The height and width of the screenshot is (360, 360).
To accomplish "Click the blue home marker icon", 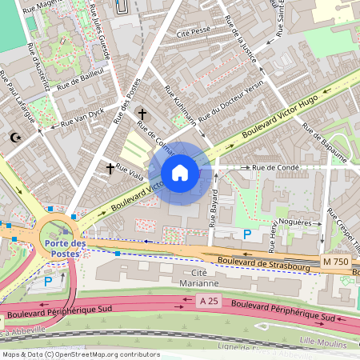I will point(180,173).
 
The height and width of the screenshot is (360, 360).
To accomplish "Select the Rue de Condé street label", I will point(275,168).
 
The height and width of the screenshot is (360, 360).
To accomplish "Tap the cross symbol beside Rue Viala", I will point(110,169).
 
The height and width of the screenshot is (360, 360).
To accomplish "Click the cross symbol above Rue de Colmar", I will point(142,114).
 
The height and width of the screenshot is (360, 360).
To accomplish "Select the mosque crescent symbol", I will point(14,138).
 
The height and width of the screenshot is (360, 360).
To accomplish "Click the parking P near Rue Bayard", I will point(247,234).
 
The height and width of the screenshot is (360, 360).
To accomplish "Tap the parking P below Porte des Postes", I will point(48,281).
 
